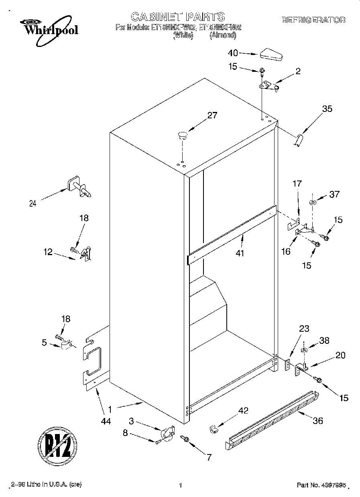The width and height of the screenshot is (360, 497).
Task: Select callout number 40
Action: (233, 53)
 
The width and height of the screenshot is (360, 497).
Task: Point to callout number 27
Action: (212, 116)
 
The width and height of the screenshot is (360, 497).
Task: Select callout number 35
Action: (327, 108)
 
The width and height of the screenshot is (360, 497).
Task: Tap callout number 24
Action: (33, 203)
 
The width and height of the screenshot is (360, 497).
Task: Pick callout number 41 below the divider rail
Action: (240, 254)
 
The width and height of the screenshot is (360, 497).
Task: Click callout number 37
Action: (334, 195)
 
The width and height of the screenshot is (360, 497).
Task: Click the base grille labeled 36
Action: (273, 419)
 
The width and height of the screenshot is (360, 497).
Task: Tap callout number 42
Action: (243, 410)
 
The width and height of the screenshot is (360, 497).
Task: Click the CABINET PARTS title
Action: (178, 17)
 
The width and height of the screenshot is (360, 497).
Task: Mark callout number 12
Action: (48, 252)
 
